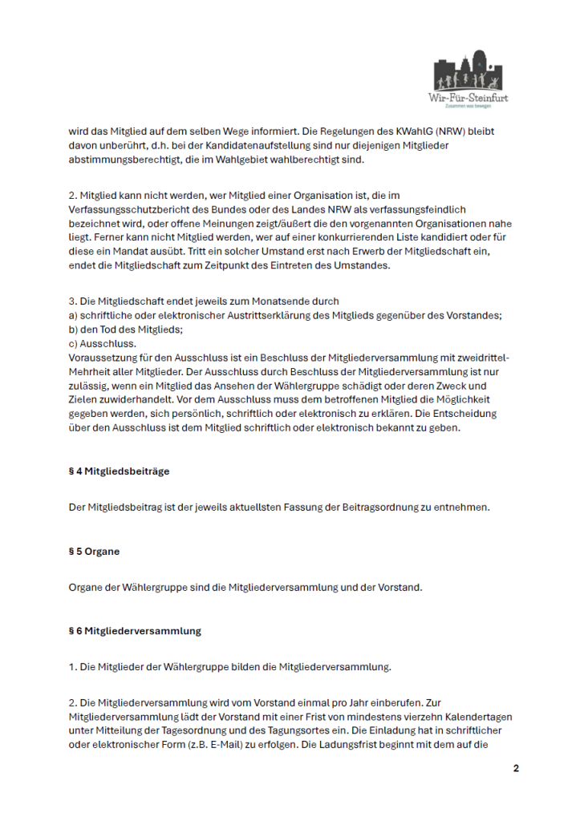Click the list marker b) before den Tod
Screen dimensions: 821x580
(74, 329)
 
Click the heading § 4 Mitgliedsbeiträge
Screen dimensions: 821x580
(119, 471)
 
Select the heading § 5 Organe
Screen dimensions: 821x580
(95, 552)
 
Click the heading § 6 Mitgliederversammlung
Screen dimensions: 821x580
(135, 631)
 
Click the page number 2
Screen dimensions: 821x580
(516, 769)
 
